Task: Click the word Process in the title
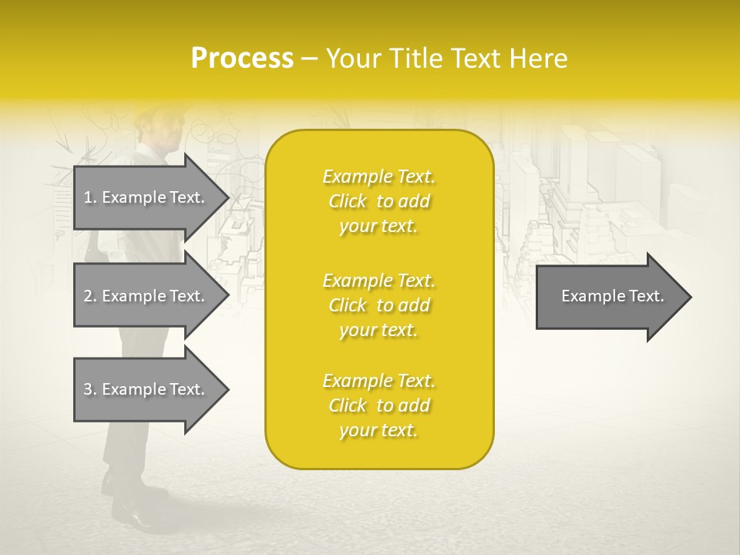242,59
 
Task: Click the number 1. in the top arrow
90,197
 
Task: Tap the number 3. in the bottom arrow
90,389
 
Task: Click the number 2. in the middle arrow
90,296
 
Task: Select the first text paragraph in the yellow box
378,201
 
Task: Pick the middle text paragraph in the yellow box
378,304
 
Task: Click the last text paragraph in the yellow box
378,405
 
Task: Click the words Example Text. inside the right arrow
612,296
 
